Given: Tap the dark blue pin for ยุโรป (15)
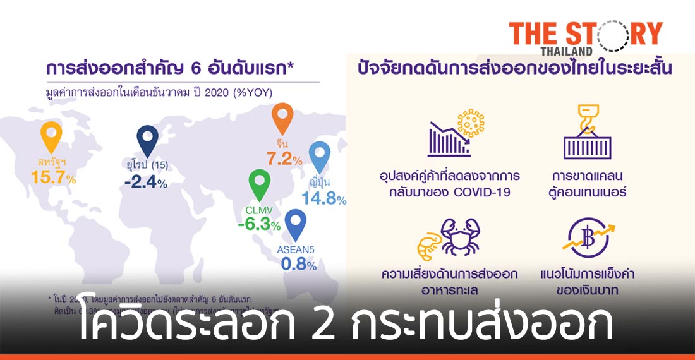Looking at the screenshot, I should click(147, 140).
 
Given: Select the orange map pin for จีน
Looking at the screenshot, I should click(282, 119).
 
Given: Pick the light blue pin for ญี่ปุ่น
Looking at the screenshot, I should click(320, 157).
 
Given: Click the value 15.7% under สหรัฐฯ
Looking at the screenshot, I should click(53, 178).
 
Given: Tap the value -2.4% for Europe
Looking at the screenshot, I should click(145, 183).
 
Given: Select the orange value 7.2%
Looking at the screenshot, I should click(283, 160).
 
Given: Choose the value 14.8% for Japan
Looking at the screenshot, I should click(324, 200).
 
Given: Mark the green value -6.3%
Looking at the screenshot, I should click(259, 224).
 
